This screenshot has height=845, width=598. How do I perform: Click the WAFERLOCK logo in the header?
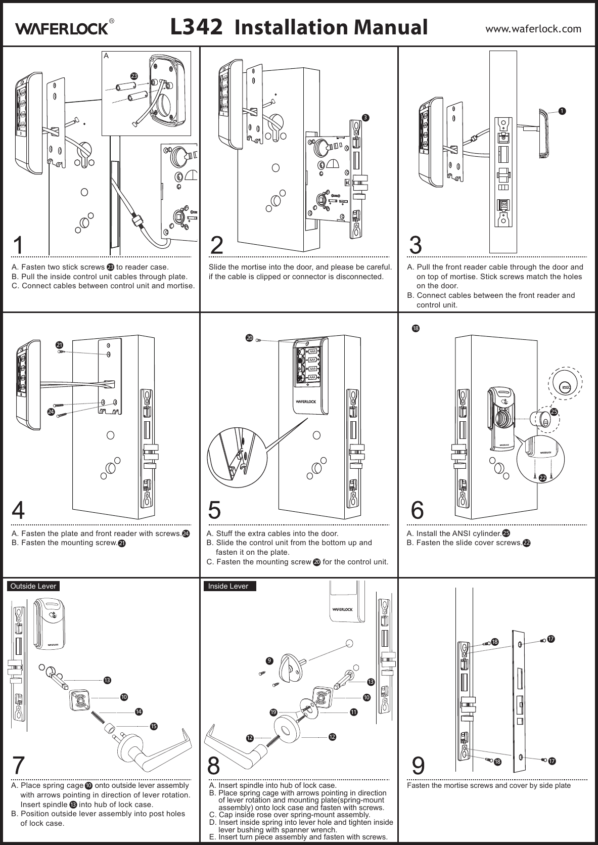[x=63, y=28]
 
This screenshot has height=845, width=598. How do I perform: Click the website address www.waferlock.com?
[x=533, y=28]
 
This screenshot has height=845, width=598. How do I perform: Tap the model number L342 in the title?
[x=196, y=27]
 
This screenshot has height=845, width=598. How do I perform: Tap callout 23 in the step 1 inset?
[x=134, y=75]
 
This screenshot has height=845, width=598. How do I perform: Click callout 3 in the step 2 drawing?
[x=366, y=117]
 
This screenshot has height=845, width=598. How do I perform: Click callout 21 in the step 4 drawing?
[x=60, y=344]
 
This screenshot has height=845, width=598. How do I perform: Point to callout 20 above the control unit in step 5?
[x=249, y=337]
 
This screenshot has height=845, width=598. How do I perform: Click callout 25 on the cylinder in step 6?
[x=554, y=412]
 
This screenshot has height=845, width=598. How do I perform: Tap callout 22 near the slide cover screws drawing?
[x=542, y=477]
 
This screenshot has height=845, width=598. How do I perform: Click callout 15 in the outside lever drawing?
[x=154, y=726]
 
